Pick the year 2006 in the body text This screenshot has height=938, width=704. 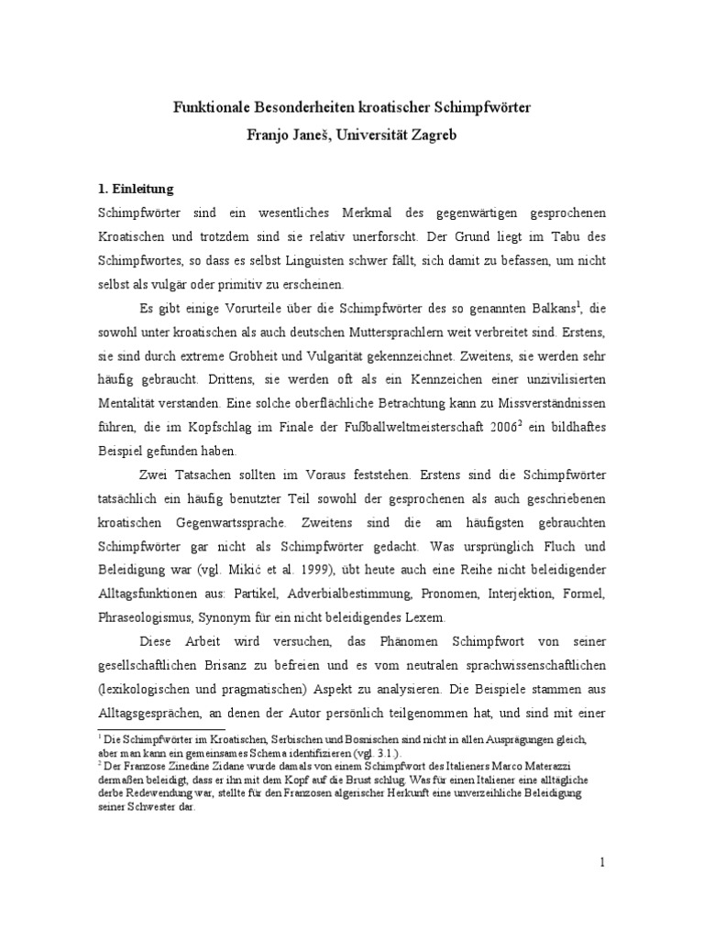(x=506, y=427)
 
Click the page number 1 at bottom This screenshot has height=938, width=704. (x=601, y=862)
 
